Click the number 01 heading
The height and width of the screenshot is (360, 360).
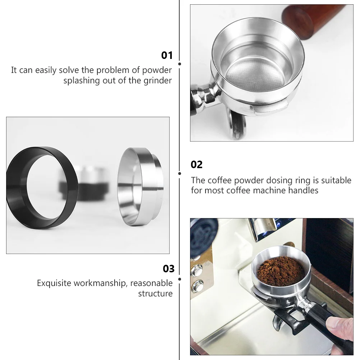click(167, 55)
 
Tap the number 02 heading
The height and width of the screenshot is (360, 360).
click(197, 165)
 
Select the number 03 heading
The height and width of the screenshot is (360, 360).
click(169, 269)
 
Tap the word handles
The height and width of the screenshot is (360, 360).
click(303, 190)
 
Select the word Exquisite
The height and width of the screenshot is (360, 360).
click(54, 283)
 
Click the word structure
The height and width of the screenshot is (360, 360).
click(155, 294)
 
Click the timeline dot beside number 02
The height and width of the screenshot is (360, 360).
click(180, 173)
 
